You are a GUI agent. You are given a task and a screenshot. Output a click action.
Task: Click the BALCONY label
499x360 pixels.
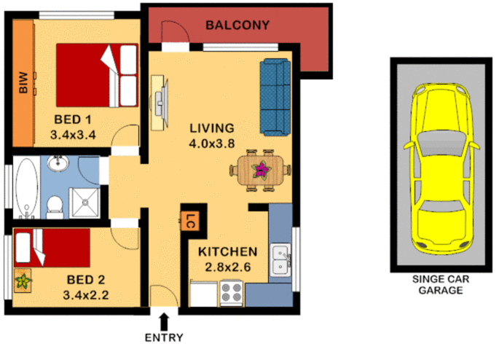237,25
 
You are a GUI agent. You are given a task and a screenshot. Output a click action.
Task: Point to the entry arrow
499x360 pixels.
164,320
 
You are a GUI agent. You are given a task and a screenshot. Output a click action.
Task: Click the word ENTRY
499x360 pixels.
164,337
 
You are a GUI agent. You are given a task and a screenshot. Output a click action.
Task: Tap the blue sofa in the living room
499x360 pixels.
275,97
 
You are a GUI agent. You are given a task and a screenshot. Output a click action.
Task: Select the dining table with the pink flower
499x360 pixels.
260,171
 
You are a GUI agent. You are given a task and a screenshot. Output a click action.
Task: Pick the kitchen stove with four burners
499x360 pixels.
231,293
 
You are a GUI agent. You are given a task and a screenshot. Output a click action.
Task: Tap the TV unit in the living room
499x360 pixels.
159,102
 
